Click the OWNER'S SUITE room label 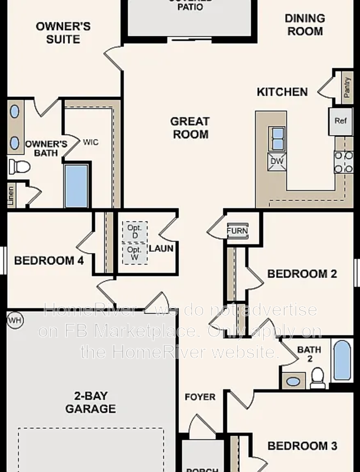(x=63, y=32)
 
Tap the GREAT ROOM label (x=190, y=127)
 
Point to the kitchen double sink (x=277, y=139)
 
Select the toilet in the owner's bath (x=19, y=166)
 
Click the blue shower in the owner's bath (x=76, y=186)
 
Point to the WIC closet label (x=91, y=142)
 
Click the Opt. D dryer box (x=135, y=231)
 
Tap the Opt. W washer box (x=135, y=254)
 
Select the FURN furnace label (x=237, y=231)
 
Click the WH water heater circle (x=14, y=320)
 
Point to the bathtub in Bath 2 (x=342, y=360)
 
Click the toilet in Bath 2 (x=318, y=378)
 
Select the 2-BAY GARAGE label (x=90, y=402)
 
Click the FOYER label (x=200, y=396)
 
